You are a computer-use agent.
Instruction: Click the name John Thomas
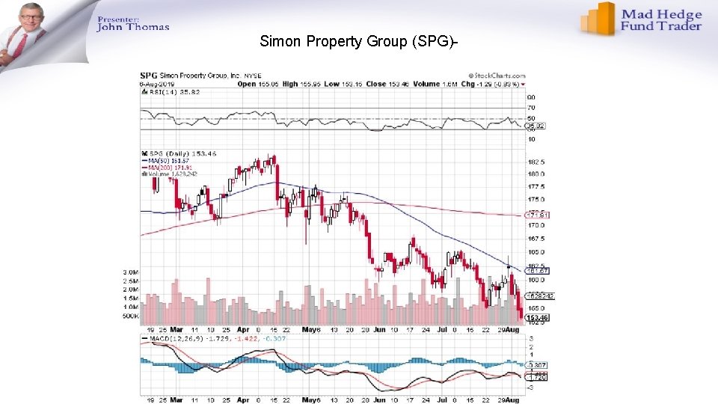click(x=133, y=28)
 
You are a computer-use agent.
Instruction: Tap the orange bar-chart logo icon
click(x=599, y=19)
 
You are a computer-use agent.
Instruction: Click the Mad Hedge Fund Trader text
click(x=662, y=20)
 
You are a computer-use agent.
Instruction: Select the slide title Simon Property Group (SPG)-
click(x=358, y=41)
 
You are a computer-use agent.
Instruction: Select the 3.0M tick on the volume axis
click(x=131, y=272)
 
